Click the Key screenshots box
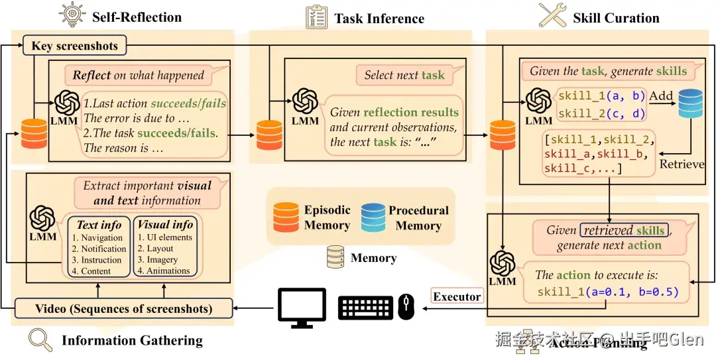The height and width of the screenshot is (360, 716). click(74, 46)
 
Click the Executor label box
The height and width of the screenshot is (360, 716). click(457, 296)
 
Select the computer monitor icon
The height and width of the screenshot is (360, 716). click(302, 307)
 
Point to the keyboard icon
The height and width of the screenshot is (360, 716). click(366, 308)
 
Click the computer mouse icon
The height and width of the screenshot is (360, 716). click(406, 307)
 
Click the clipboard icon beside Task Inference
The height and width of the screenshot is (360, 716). click(316, 17)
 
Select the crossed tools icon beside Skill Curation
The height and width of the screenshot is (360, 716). click(552, 16)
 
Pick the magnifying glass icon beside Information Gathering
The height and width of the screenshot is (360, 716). click(40, 340)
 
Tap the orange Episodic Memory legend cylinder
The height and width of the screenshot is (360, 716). click(286, 217)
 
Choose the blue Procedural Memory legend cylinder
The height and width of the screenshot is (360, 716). click(373, 217)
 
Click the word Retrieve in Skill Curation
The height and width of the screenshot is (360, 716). click(682, 163)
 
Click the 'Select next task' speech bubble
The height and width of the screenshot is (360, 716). click(404, 75)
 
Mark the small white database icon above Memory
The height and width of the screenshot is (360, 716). click(337, 258)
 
